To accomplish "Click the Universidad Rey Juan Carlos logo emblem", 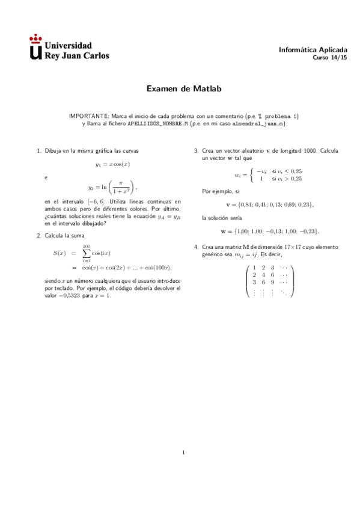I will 36,49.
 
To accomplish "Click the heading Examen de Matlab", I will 184,88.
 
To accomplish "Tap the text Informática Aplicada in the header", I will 313,50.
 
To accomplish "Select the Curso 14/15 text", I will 330,58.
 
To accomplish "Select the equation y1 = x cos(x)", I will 112,164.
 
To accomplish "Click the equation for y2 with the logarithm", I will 112,187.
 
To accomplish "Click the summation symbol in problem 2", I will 87,253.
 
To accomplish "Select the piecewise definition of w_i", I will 268,175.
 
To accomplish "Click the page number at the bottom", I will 184,452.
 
